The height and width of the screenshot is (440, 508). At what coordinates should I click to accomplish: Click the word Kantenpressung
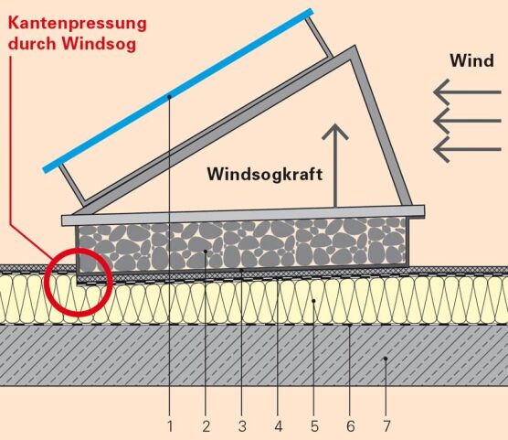coord(78,25)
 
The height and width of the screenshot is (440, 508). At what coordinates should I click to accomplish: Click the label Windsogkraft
coord(265,174)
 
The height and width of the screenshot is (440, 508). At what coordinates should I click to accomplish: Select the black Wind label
coord(471,60)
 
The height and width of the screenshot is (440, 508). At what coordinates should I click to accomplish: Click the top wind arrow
coord(467,92)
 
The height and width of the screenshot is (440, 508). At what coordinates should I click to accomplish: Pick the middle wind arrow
coord(467,121)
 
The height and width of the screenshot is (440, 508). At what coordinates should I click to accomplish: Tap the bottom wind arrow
coord(467,149)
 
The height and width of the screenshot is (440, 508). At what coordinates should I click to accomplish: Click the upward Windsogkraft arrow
coord(335,165)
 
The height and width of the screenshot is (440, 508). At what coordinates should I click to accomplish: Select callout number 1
coord(170,426)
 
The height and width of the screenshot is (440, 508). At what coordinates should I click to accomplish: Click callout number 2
coord(206,426)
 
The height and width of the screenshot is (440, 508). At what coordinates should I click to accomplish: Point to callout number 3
coord(242,426)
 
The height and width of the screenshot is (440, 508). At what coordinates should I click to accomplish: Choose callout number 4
coord(279,426)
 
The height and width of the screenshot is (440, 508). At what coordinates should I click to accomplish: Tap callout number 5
coord(314,426)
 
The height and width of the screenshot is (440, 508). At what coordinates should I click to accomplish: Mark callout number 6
coord(350,426)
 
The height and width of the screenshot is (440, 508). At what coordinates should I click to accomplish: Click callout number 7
coord(386,426)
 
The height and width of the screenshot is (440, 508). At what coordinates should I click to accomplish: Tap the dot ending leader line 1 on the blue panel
coord(169,96)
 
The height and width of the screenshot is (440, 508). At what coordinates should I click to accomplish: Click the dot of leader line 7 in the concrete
coord(386,359)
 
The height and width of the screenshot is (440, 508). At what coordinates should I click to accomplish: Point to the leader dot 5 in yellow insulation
coord(313,301)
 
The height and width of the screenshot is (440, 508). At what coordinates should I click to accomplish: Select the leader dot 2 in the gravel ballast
coord(206,252)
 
